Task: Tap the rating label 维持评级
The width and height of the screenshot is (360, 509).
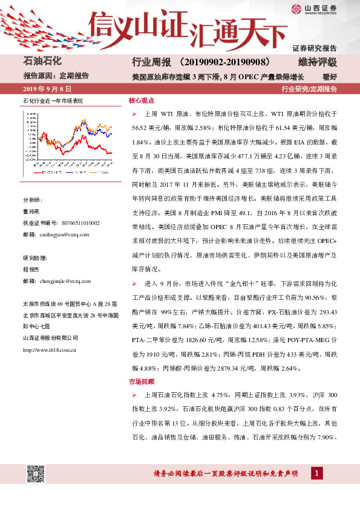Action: [x=317, y=63]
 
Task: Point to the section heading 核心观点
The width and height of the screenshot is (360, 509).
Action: [x=142, y=100]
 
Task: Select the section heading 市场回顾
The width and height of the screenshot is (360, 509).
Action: [x=142, y=381]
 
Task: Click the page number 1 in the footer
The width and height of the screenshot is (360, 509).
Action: [x=316, y=472]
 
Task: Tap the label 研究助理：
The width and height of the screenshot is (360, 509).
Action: [x=34, y=257]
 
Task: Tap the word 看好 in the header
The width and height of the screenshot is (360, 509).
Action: [x=330, y=76]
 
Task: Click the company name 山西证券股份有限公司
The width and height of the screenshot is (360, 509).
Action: [x=48, y=337]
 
